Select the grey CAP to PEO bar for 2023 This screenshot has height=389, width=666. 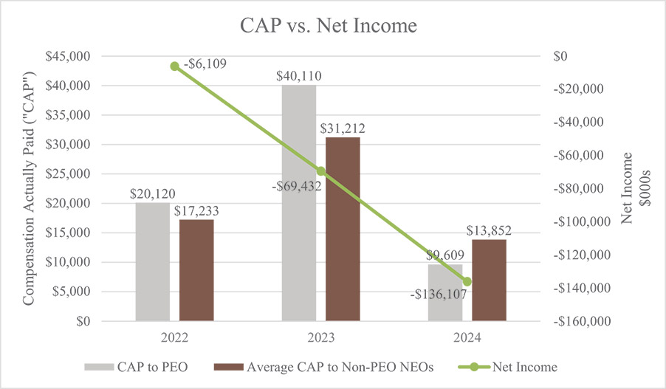299,203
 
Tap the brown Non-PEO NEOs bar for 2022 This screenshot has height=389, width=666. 196,270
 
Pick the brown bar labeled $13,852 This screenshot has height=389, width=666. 489,280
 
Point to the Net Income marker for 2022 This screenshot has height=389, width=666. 174,66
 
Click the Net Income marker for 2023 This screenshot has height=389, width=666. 320,171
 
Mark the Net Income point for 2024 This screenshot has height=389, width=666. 467,281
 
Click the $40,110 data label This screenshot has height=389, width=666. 298,75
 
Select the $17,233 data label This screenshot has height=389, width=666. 196,210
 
